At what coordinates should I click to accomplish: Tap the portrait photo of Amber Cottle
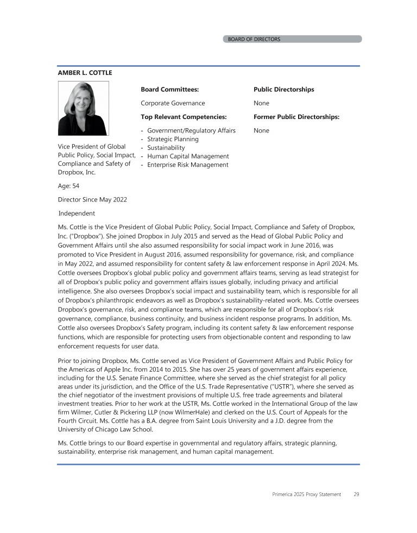83,108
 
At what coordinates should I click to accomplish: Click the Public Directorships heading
283,89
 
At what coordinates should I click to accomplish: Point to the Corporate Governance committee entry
173,103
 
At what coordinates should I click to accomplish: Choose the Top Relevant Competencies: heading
183,117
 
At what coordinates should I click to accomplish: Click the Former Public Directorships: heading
296,117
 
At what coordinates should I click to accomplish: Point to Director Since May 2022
92,199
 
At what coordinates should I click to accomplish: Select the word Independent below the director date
77,214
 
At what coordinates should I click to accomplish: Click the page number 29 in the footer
356,494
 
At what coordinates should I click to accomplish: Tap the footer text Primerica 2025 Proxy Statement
306,494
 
